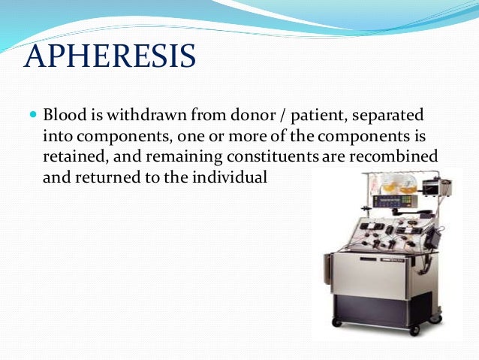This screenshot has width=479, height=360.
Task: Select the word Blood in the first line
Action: (x=62, y=116)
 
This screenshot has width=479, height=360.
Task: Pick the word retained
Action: (x=71, y=158)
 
